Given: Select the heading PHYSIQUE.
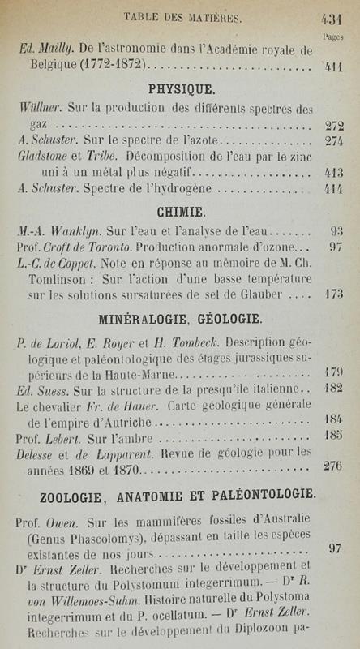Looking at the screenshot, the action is click(179, 88).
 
